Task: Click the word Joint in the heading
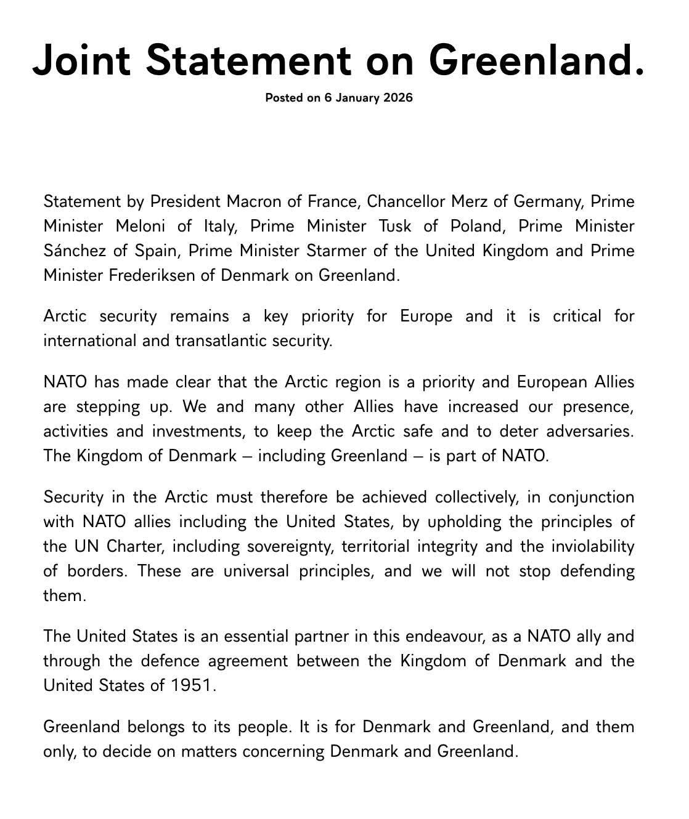[81, 60]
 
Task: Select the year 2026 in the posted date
[397, 97]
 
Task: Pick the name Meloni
[141, 226]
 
